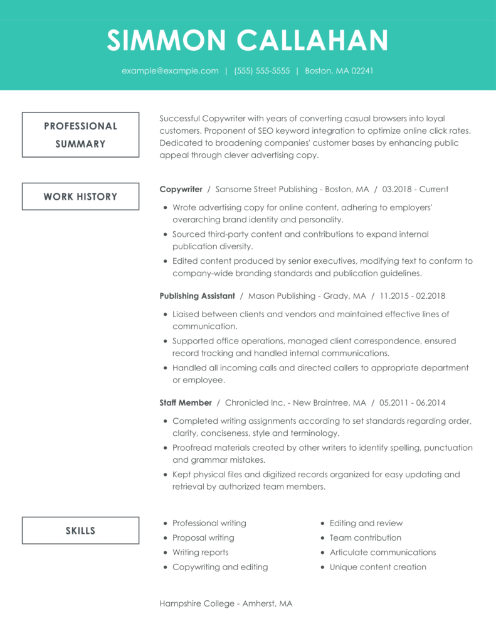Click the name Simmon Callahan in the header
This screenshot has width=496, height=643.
coord(248,41)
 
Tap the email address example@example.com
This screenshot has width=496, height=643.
coord(170,71)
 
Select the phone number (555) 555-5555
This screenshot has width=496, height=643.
coord(262,71)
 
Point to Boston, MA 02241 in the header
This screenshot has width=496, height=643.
coord(339,71)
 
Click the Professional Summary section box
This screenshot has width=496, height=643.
coord(80,134)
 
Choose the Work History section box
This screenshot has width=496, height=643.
coord(80,197)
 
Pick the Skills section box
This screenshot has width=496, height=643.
coord(80,531)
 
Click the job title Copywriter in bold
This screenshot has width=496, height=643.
coord(181,189)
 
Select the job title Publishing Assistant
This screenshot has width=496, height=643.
coord(197,296)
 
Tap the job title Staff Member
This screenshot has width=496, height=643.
coord(186,403)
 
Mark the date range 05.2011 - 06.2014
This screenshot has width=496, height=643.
coord(412,403)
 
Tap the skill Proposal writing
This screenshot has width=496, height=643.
coord(203,538)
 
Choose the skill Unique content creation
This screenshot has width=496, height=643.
coord(378,567)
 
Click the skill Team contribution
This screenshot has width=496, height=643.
coord(366,538)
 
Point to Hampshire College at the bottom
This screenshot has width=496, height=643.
coord(196,603)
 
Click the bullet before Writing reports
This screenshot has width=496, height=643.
coord(166,553)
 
